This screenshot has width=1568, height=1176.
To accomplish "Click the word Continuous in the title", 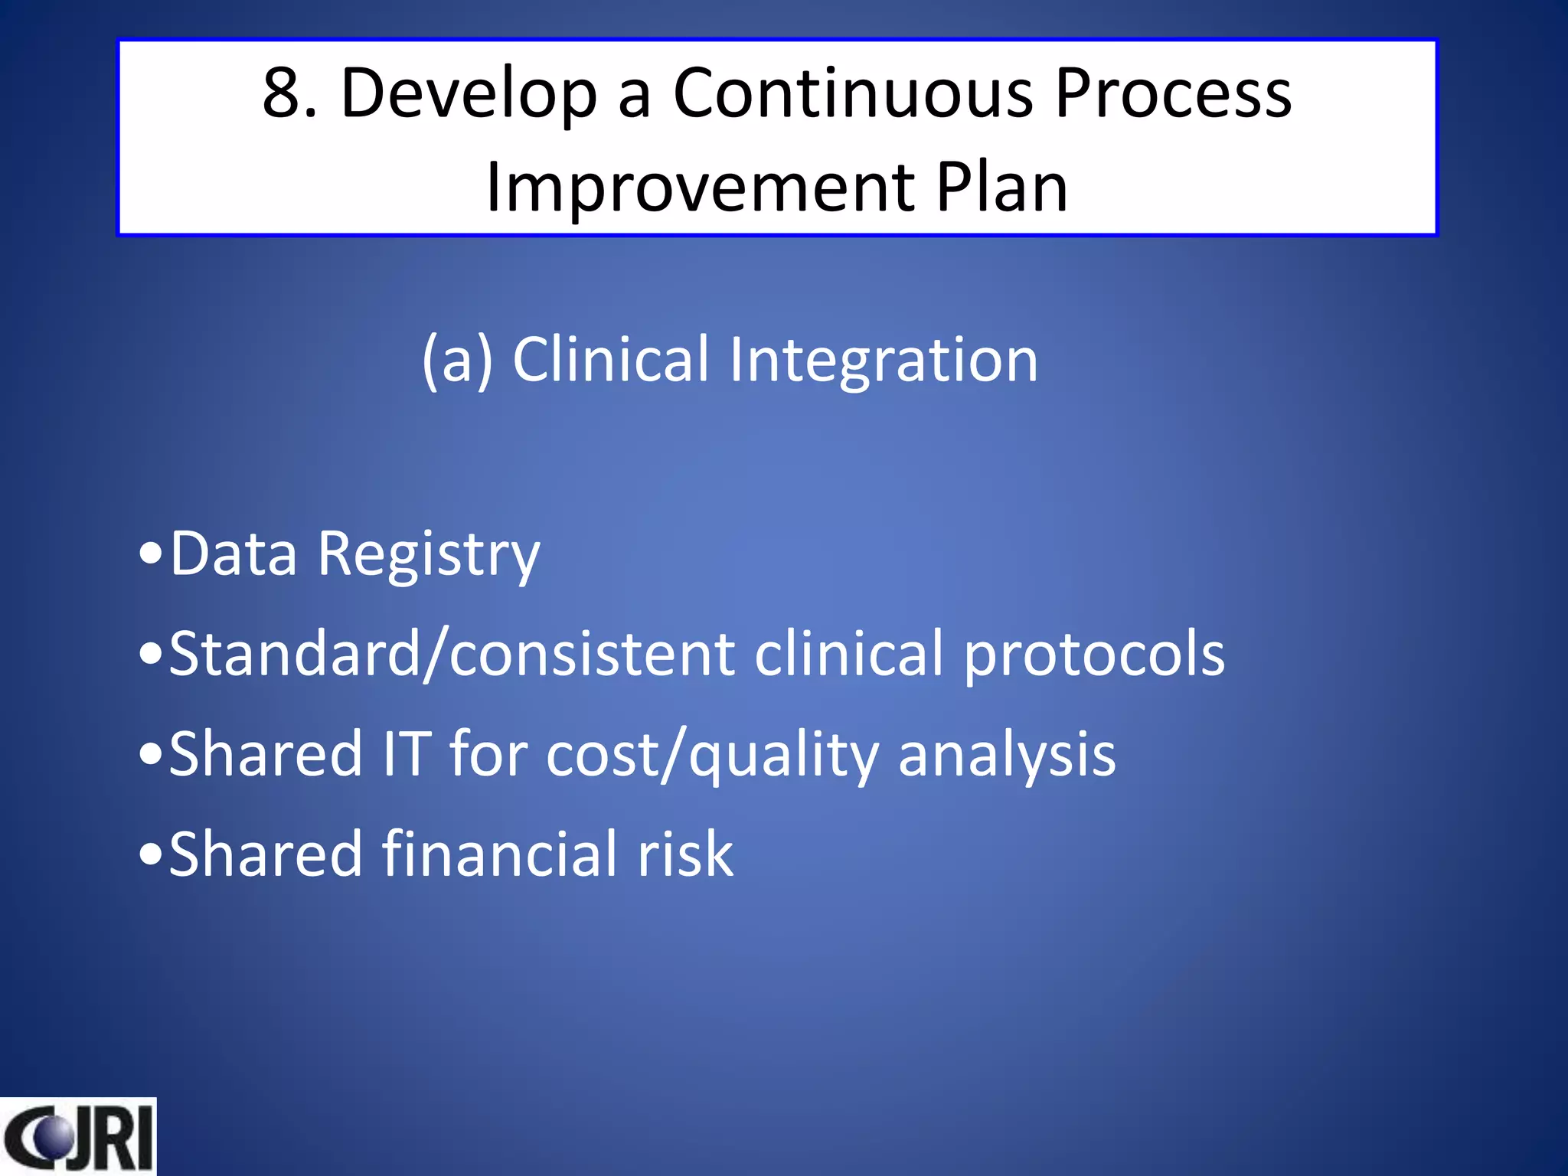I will [x=853, y=93].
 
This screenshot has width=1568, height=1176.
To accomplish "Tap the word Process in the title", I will [x=1173, y=93].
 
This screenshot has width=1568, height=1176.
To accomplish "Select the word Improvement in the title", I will [x=700, y=188].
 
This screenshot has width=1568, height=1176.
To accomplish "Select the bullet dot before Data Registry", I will [x=151, y=554].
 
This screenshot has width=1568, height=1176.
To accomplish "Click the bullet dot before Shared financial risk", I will [x=151, y=854].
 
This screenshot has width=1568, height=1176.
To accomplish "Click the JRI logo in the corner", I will [x=78, y=1136].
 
